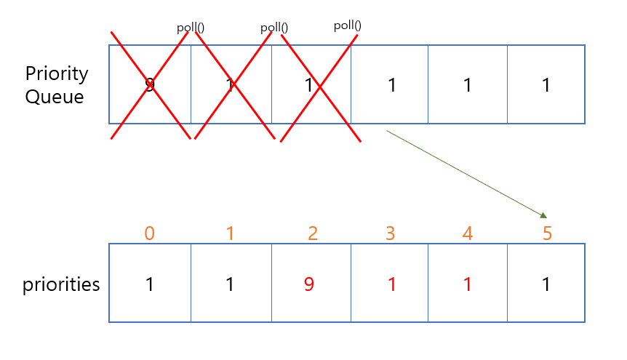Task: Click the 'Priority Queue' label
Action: coord(56,85)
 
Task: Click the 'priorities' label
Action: coord(61,284)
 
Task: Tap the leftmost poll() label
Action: coord(191,28)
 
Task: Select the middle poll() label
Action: coord(274,28)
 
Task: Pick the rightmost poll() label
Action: coord(348,26)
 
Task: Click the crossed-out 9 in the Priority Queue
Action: coord(150,86)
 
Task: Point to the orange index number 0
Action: coord(149,233)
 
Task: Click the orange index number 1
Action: coord(231,233)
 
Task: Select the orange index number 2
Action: coord(312,233)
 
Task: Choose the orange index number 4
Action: coord(468,233)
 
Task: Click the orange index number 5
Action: coord(547,233)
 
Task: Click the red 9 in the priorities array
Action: coord(310,284)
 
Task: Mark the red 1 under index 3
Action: coord(392,284)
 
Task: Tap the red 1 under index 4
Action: coord(468,284)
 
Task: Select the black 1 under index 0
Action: coord(150,284)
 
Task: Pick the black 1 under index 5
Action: coord(546,284)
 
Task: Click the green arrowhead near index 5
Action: coord(543,215)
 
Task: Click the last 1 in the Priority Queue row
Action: coord(546,85)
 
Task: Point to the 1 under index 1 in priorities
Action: coord(231,284)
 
